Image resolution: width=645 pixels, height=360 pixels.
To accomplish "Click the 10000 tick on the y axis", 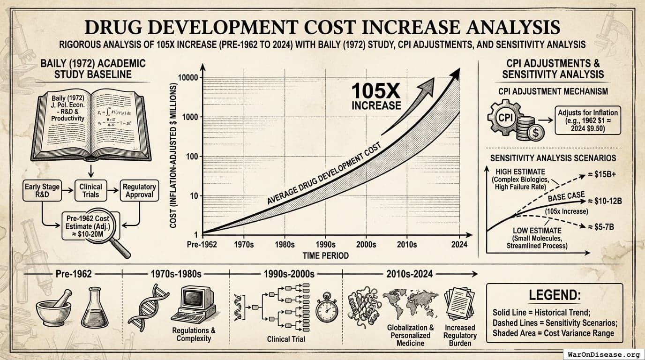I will [x=187, y=77].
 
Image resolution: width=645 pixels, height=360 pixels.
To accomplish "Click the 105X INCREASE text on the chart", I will [x=376, y=97].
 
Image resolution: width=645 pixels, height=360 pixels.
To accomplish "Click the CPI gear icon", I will [x=503, y=117].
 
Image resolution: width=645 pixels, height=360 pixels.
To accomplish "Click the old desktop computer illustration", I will [x=194, y=305].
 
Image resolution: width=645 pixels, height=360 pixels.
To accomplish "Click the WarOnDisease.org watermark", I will [x=603, y=354].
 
